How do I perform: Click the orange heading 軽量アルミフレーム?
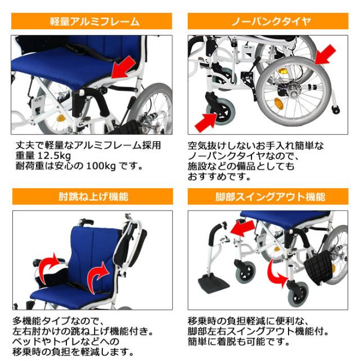pyautogui.click(x=92, y=22)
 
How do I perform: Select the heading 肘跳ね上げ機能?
pyautogui.click(x=92, y=197)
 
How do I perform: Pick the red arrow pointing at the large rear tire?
pyautogui.click(x=323, y=56)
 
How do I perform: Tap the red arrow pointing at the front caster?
pyautogui.click(x=206, y=121)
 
